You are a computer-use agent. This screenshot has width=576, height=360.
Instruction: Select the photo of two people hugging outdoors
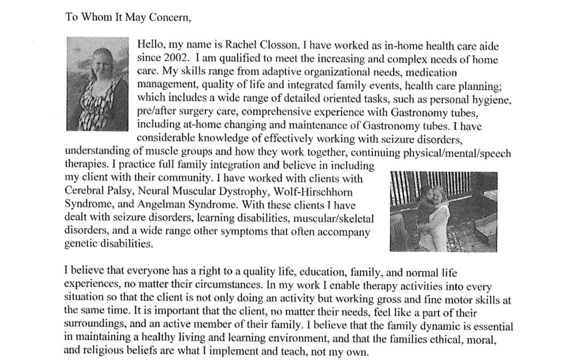click(x=444, y=211)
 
